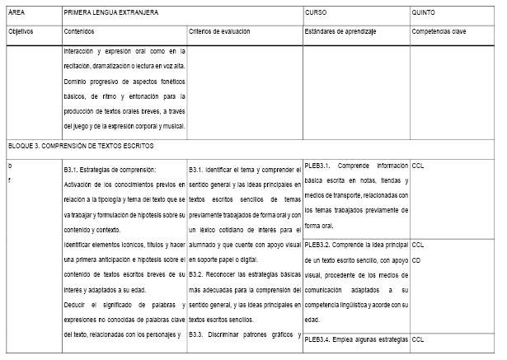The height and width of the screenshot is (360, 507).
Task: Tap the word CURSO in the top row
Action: (x=316, y=14)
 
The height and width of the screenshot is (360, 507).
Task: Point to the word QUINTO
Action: (x=424, y=14)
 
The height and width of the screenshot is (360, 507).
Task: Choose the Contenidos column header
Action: (x=79, y=31)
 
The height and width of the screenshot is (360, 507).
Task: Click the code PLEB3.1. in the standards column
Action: (x=318, y=165)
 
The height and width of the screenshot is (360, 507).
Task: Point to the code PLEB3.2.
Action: (x=318, y=245)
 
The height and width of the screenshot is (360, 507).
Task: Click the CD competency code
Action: (x=417, y=257)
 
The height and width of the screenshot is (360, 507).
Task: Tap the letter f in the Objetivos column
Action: (x=9, y=179)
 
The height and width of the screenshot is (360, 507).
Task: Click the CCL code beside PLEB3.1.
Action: (x=418, y=165)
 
